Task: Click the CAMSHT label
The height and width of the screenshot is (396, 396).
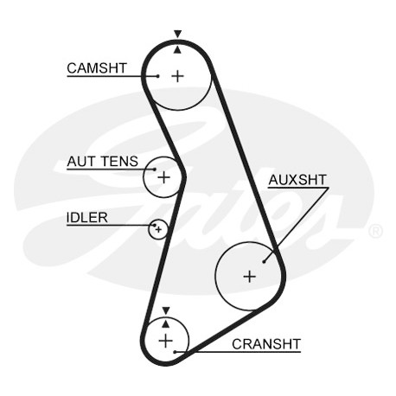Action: coord(97,68)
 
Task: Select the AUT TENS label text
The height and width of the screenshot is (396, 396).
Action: coord(103,162)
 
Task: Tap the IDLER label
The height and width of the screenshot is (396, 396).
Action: coord(87,218)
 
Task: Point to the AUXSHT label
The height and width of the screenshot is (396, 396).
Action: coord(297,180)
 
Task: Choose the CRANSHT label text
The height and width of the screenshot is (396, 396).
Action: coord(266,344)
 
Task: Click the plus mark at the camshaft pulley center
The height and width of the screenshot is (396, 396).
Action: coord(178,76)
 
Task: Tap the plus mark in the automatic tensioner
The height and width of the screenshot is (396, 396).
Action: coord(164,177)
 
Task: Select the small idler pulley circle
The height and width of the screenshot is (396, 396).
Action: coord(158,229)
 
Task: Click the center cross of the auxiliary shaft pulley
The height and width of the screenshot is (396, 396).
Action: coord(250,277)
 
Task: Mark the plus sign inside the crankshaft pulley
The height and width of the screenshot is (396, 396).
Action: coord(165,341)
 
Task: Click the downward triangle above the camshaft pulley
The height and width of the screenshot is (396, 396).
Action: coord(178,34)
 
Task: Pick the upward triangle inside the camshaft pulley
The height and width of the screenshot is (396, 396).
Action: coord(178,50)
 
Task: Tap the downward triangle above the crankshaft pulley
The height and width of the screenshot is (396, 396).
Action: coord(166,310)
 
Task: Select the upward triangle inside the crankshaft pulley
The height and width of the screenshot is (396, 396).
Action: coord(165,324)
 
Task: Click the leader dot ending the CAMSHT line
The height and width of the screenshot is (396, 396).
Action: coord(157,76)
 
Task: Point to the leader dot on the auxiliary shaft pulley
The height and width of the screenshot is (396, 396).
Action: coord(264,262)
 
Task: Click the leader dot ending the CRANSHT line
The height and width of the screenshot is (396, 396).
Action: coord(175,352)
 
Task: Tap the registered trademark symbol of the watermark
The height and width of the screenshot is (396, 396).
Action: coord(375,231)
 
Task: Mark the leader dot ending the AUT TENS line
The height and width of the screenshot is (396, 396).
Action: coord(155,169)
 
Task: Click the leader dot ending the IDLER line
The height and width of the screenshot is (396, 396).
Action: coord(155,225)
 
